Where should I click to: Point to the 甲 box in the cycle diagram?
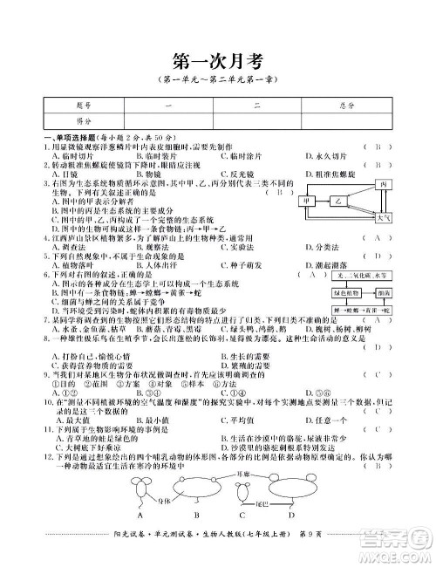click(306, 202)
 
